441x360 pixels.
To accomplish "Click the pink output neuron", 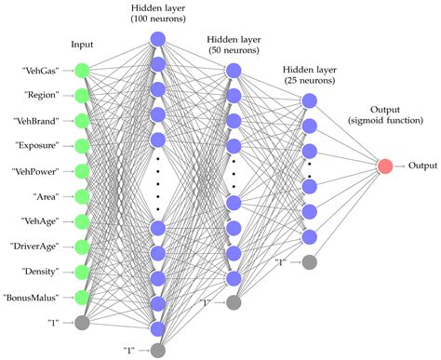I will pyautogui.click(x=384, y=167).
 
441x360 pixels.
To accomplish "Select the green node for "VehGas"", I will pyautogui.click(x=82, y=70).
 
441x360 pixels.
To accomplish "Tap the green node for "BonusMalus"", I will pyautogui.click(x=82, y=297).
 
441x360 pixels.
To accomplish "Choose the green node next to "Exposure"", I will pyautogui.click(x=82, y=145).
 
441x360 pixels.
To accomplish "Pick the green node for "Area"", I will pyautogui.click(x=82, y=195).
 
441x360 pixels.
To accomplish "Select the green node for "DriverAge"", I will pyautogui.click(x=82, y=247).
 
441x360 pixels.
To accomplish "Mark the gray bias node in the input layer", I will pyautogui.click(x=82, y=322).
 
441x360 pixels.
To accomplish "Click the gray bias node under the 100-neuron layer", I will pyautogui.click(x=157, y=349).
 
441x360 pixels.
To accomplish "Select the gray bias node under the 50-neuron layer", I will pyautogui.click(x=234, y=302).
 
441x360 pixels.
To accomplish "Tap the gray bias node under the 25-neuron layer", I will pyautogui.click(x=310, y=262).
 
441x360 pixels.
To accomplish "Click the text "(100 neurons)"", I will pyautogui.click(x=158, y=19).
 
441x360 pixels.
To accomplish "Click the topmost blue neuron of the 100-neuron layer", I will pyautogui.click(x=157, y=39).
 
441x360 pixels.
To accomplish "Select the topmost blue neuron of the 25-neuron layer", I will pyautogui.click(x=310, y=100).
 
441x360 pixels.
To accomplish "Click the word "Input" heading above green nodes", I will pyautogui.click(x=82, y=44).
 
